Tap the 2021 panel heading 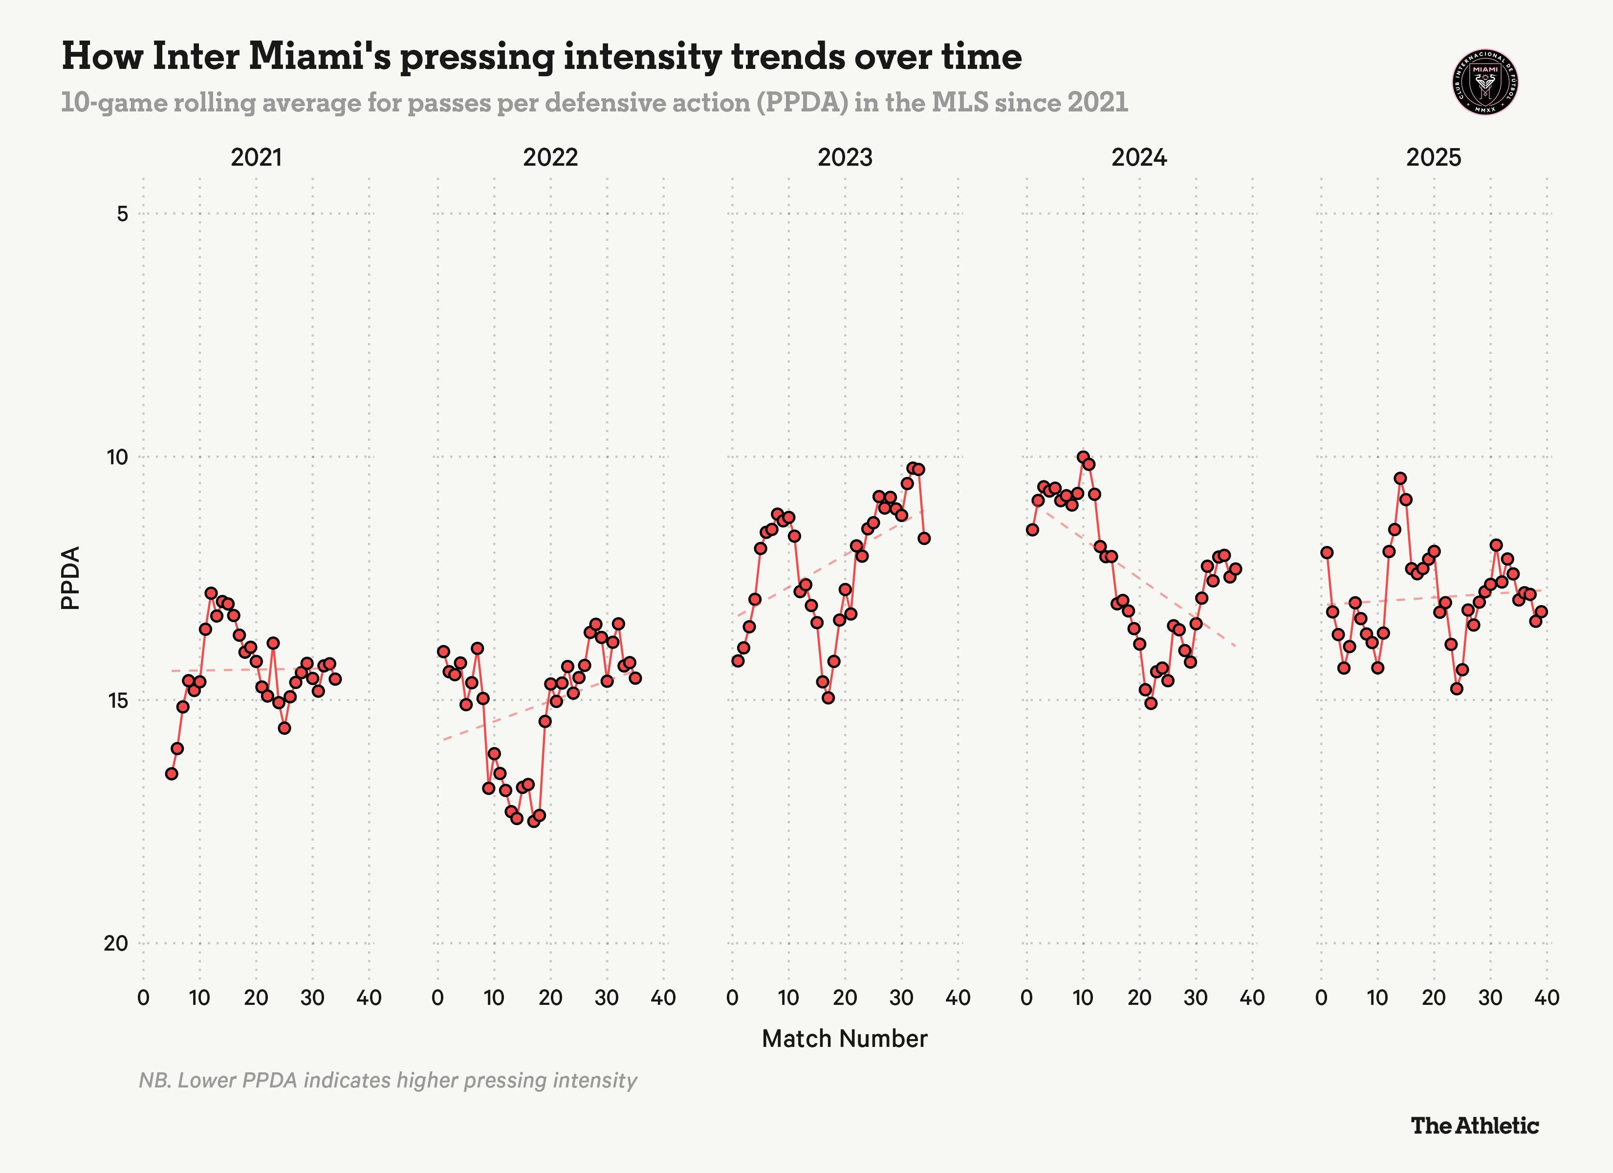[256, 157]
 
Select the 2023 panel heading [844, 157]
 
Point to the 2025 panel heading [1433, 157]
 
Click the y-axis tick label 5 [122, 214]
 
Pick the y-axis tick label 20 [116, 943]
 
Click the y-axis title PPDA [70, 578]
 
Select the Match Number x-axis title [844, 1039]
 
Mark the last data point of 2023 [924, 539]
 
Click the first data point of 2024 [1032, 530]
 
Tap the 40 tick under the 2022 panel [663, 998]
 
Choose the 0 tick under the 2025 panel [1321, 998]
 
